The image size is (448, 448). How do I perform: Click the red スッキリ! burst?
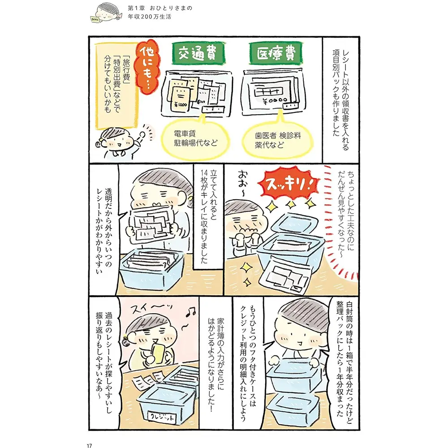coord(288,185)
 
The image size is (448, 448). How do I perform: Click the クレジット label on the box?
coord(162,417)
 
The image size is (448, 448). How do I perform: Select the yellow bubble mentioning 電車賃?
coord(196,138)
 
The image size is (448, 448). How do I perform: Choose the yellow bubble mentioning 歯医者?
coord(277,139)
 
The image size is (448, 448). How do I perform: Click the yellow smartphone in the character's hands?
coord(157,353)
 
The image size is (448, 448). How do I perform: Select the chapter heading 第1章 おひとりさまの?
coord(160,8)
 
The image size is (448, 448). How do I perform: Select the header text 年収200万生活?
coord(149,17)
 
